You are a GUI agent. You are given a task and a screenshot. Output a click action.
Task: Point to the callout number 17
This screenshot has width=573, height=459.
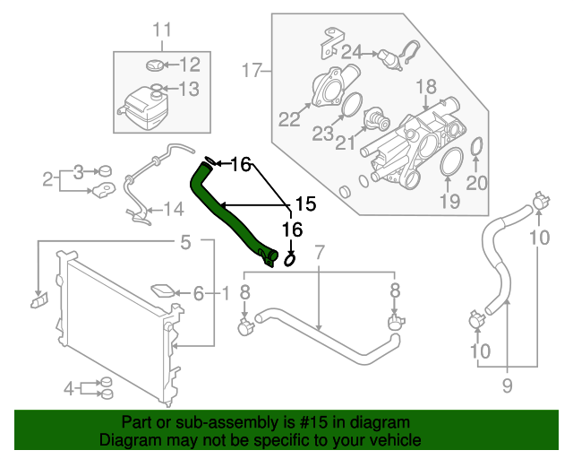coord(250,69)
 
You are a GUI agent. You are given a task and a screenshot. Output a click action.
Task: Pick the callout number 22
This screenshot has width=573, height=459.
coord(288,119)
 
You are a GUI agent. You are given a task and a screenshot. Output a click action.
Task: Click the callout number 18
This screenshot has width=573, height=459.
coord(425,87)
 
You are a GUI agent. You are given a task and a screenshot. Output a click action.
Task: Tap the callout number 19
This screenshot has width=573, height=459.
coord(449,201)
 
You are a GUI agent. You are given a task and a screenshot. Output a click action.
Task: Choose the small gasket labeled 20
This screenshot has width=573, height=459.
coord(476,146)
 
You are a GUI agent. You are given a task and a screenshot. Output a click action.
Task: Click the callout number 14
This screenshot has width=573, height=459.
coord(173,211)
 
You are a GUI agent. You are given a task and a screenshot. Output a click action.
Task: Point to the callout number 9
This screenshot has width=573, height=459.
coord(507,386)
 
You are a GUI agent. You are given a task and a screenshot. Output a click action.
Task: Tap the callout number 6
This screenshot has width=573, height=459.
coord(199,292)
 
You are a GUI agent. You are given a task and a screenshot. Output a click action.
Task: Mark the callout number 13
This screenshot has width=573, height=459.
coord(189,89)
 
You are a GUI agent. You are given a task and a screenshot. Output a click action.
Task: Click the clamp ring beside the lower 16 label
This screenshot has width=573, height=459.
coord(291,260)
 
